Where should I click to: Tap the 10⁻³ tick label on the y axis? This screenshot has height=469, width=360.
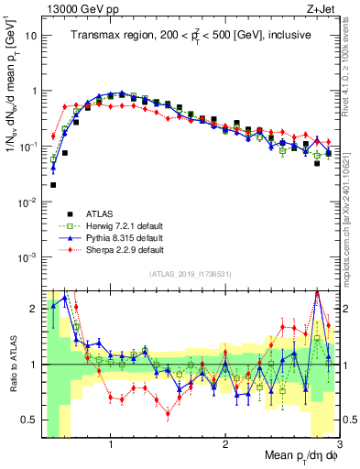click(x=27, y=256)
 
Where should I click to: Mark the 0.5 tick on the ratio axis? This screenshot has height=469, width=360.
click(x=29, y=420)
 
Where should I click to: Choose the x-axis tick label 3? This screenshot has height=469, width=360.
click(x=338, y=443)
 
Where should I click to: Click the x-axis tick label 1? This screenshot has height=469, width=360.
click(x=111, y=443)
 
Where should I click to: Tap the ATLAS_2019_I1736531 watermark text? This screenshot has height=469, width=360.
click(x=191, y=274)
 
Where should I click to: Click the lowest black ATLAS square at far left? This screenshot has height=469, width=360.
click(x=53, y=185)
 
